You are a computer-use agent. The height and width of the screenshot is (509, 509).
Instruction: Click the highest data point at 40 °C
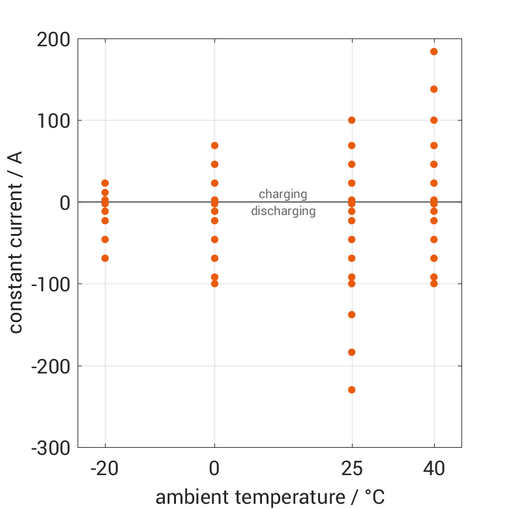pos(434,51)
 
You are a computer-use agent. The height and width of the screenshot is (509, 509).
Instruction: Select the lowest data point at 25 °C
pos(352,390)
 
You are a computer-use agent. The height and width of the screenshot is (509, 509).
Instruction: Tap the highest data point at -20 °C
pos(105,183)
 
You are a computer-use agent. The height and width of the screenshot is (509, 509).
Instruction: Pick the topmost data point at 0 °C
pos(214,145)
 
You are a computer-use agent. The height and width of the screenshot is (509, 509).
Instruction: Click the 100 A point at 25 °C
pos(352,120)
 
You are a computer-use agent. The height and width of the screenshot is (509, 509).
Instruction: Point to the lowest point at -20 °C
pos(105,258)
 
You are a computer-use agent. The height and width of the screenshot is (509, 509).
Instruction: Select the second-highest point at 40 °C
pos(434,89)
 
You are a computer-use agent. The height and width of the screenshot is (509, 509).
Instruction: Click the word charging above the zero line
pos(283,194)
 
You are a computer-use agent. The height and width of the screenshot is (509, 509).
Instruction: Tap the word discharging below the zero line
pos(283,211)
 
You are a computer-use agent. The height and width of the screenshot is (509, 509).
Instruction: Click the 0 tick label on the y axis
pos(65,203)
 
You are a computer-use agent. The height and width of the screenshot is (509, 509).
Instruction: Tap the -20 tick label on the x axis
pos(105,469)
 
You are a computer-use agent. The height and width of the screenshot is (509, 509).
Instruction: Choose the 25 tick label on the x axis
pos(352,469)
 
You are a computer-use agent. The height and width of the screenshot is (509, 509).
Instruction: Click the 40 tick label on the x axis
pos(434,469)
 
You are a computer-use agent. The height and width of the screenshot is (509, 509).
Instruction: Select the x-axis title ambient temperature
pos(270,497)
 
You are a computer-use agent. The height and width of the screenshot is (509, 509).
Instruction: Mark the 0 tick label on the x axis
pos(214,469)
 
